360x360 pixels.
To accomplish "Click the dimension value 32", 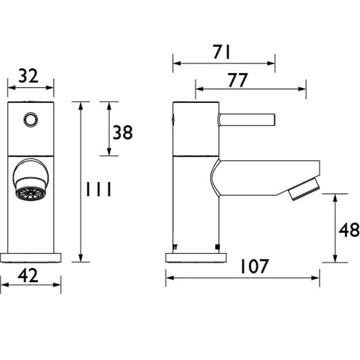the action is (28, 76).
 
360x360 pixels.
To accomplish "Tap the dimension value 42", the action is (28, 276).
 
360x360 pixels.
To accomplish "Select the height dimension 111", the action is (99, 189).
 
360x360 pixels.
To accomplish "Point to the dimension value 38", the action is (123, 132).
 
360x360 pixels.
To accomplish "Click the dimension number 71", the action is (221, 52).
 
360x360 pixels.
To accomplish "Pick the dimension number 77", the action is (238, 80).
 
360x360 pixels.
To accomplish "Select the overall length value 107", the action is (254, 266).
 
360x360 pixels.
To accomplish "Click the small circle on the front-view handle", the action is (31, 120).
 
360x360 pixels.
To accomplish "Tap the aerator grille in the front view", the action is (30, 193).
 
